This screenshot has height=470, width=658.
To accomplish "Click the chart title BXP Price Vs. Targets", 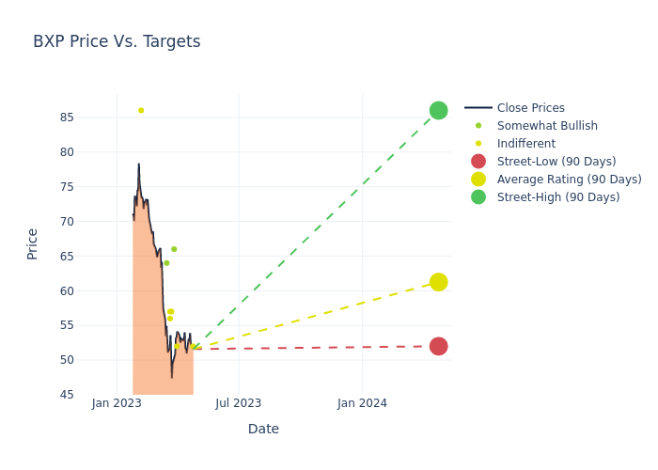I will pyautogui.click(x=117, y=41).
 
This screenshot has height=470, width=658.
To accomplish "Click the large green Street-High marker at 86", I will pyautogui.click(x=438, y=111).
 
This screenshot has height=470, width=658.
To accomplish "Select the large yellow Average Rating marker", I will pyautogui.click(x=438, y=282).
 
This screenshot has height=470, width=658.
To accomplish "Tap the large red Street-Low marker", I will pyautogui.click(x=438, y=346).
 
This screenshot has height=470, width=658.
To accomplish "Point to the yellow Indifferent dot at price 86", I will pyautogui.click(x=141, y=111).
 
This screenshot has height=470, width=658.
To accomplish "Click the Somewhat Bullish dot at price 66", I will pyautogui.click(x=174, y=249).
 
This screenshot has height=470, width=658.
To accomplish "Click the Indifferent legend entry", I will pyautogui.click(x=525, y=144).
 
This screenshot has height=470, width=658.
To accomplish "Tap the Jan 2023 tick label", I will pyautogui.click(x=117, y=404).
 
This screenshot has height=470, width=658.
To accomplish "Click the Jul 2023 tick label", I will pyautogui.click(x=239, y=404).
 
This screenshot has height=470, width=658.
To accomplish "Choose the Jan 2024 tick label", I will pyautogui.click(x=362, y=404).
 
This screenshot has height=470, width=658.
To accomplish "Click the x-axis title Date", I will pyautogui.click(x=263, y=430).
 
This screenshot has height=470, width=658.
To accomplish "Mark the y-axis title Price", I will pyautogui.click(x=33, y=243).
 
